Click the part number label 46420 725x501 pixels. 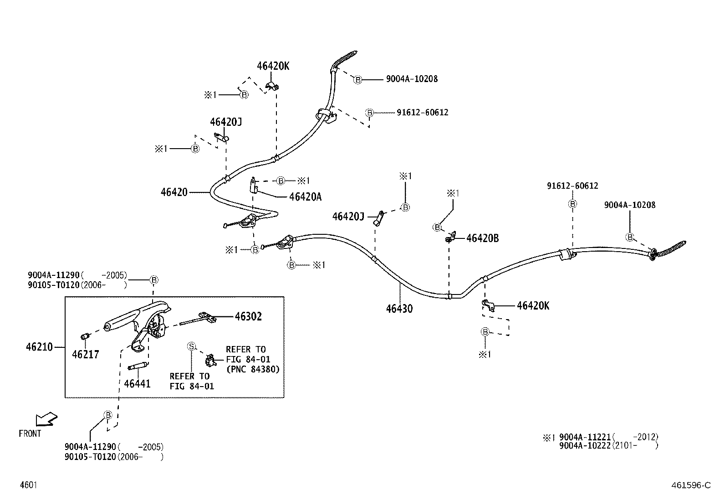click(174, 192)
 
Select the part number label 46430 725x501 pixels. click(399, 309)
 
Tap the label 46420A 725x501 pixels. click(306, 197)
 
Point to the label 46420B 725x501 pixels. click(483, 238)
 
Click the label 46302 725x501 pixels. click(248, 316)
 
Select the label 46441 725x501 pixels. click(137, 383)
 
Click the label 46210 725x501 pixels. click(39, 347)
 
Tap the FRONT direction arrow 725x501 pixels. click(46, 418)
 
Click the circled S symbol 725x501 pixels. click(191, 346)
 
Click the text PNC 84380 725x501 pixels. click(253, 369)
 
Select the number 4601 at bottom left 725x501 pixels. click(28, 485)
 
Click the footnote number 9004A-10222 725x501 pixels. click(585, 446)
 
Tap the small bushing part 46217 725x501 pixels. click(84, 336)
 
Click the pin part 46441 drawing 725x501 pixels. click(138, 366)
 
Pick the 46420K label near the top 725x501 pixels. click(273, 66)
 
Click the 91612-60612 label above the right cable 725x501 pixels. click(572, 186)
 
